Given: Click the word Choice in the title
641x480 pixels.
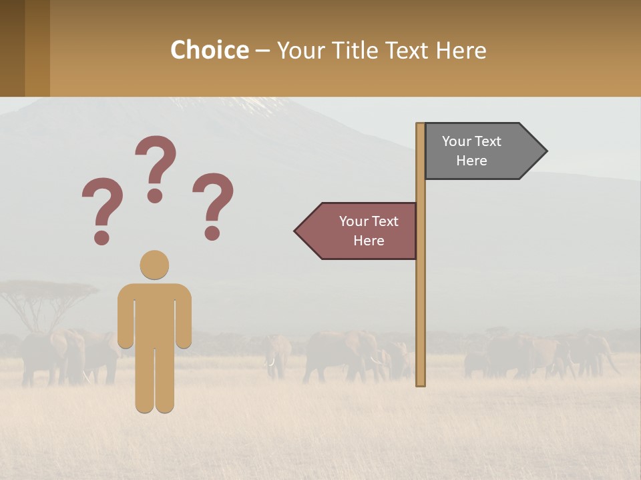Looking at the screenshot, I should [209, 50].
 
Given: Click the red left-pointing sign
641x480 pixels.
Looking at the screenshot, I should [361, 231].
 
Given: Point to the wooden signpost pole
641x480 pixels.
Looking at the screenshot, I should [421, 300].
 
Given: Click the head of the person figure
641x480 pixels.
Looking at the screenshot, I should [154, 265].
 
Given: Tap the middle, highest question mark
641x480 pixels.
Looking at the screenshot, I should [156, 167].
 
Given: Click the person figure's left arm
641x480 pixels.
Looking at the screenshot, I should [126, 317].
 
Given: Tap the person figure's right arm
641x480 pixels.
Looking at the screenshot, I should [184, 317].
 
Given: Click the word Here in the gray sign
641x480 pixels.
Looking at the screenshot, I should [471, 161].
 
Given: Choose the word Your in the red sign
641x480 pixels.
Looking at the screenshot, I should [353, 221].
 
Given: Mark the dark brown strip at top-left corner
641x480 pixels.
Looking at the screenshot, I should [12, 48].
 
